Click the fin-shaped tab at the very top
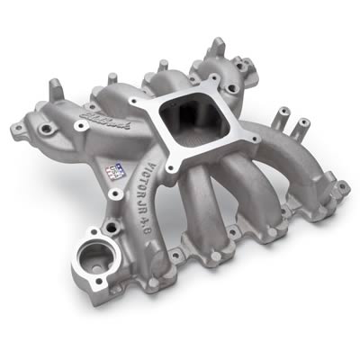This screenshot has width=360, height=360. pos(217,46)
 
